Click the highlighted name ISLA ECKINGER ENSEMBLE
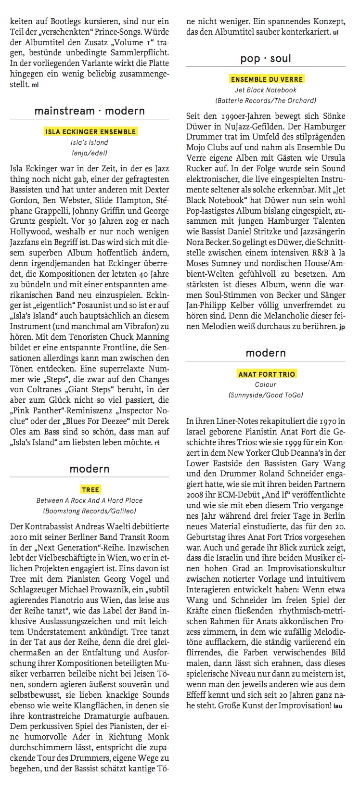pyautogui.click(x=90, y=132)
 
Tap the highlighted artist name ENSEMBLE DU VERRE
pyautogui.click(x=267, y=79)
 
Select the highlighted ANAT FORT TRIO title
pyautogui.click(x=267, y=374)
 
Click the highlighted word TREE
pyautogui.click(x=90, y=490)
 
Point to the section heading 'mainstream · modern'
pyautogui.click(x=90, y=111)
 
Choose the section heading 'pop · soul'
pyautogui.click(x=266, y=59)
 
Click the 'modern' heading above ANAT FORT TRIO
pyautogui.click(x=266, y=353)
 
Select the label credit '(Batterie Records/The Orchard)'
pyautogui.click(x=266, y=101)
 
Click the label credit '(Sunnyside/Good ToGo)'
pyautogui.click(x=266, y=395)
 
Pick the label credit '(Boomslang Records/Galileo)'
pyautogui.click(x=90, y=511)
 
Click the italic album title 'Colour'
pyautogui.click(x=266, y=384)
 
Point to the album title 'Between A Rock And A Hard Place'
pyautogui.click(x=90, y=500)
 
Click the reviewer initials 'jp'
pyautogui.click(x=342, y=328)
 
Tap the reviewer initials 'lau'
pyautogui.click(x=339, y=706)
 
